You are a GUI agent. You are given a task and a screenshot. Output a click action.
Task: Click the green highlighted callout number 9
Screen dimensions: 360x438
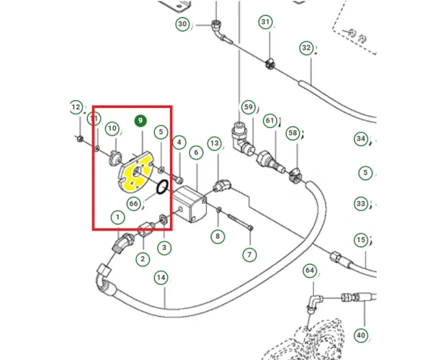point(140,120)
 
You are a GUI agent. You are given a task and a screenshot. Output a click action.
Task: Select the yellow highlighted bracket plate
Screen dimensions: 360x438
point(135,174)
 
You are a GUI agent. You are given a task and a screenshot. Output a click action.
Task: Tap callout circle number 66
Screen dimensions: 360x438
point(134,204)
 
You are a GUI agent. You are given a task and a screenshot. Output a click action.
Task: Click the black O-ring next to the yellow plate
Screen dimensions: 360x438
point(161,189)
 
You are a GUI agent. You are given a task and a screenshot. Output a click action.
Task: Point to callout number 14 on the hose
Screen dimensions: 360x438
point(161,276)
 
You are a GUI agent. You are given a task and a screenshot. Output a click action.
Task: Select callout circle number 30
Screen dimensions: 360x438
point(182,24)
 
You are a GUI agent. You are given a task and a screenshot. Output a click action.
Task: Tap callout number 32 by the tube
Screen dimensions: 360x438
point(307,48)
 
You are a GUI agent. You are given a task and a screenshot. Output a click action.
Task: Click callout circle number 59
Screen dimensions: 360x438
point(249,108)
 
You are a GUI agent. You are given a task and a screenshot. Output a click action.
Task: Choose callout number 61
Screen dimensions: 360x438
point(270,120)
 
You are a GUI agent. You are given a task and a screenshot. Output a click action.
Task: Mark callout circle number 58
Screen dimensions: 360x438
point(292,133)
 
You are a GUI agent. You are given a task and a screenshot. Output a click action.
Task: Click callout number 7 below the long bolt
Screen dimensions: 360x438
point(249,254)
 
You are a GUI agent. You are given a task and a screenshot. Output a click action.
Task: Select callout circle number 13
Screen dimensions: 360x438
point(214,144)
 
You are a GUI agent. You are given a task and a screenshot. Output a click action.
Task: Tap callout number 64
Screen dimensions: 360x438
point(310,271)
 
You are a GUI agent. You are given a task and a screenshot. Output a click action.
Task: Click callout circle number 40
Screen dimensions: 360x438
point(362,335)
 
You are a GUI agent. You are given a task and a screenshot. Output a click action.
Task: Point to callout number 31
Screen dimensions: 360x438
point(266,23)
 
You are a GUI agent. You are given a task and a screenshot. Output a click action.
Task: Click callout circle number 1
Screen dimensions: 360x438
point(116,217)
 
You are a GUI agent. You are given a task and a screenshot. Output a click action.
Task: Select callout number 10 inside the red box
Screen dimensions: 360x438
point(112,129)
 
